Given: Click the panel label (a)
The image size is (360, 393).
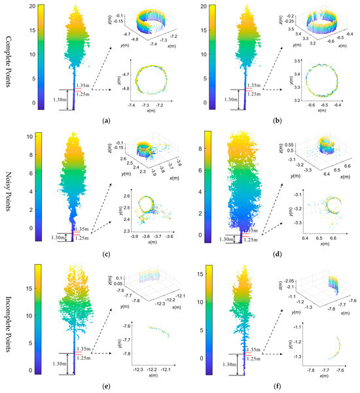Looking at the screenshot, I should (x=106, y=122).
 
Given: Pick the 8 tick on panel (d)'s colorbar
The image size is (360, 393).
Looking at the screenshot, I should (x=196, y=150).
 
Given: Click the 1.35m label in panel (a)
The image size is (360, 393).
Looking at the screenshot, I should (x=82, y=84).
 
